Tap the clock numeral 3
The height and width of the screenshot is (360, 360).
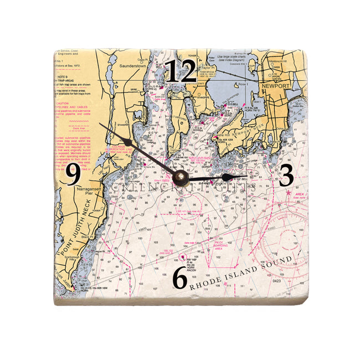point(286,176)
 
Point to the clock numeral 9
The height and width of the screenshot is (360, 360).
point(74,176)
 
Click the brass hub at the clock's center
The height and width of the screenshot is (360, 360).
point(180,177)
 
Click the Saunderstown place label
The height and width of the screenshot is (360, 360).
point(132,65)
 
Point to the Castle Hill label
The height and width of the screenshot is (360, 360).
point(224,136)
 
